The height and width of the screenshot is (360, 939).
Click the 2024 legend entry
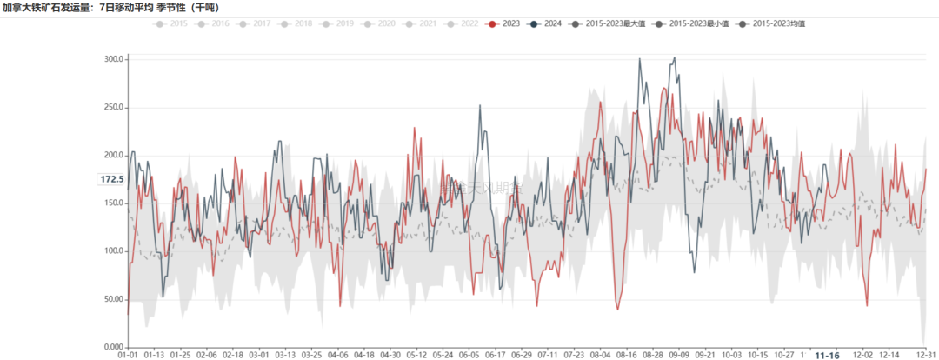(546, 23)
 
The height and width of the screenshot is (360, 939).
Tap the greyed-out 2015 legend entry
(171, 23)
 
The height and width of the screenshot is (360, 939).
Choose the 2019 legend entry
(338, 23)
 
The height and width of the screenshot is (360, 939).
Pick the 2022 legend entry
(463, 23)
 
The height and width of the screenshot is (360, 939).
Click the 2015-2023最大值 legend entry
(609, 23)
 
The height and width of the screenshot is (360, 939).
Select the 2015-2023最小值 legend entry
(692, 23)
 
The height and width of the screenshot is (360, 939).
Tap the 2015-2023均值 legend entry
(773, 23)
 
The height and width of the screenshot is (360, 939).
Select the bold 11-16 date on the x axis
(827, 355)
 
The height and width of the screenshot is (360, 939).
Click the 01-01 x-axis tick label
(128, 355)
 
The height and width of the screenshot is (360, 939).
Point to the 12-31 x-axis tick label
(927, 355)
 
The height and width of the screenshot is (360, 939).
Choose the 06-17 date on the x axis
(495, 355)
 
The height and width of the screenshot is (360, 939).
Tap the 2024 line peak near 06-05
(480, 106)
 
